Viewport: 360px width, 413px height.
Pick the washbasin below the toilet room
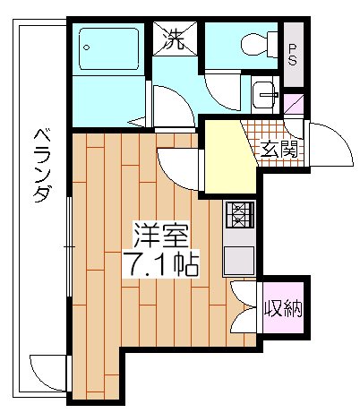pyautogui.click(x=265, y=95)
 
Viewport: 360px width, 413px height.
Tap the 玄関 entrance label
pyautogui.click(x=279, y=149)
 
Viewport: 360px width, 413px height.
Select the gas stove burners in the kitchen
pyautogui.click(x=239, y=215)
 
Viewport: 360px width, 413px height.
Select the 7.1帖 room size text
pyautogui.click(x=160, y=263)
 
